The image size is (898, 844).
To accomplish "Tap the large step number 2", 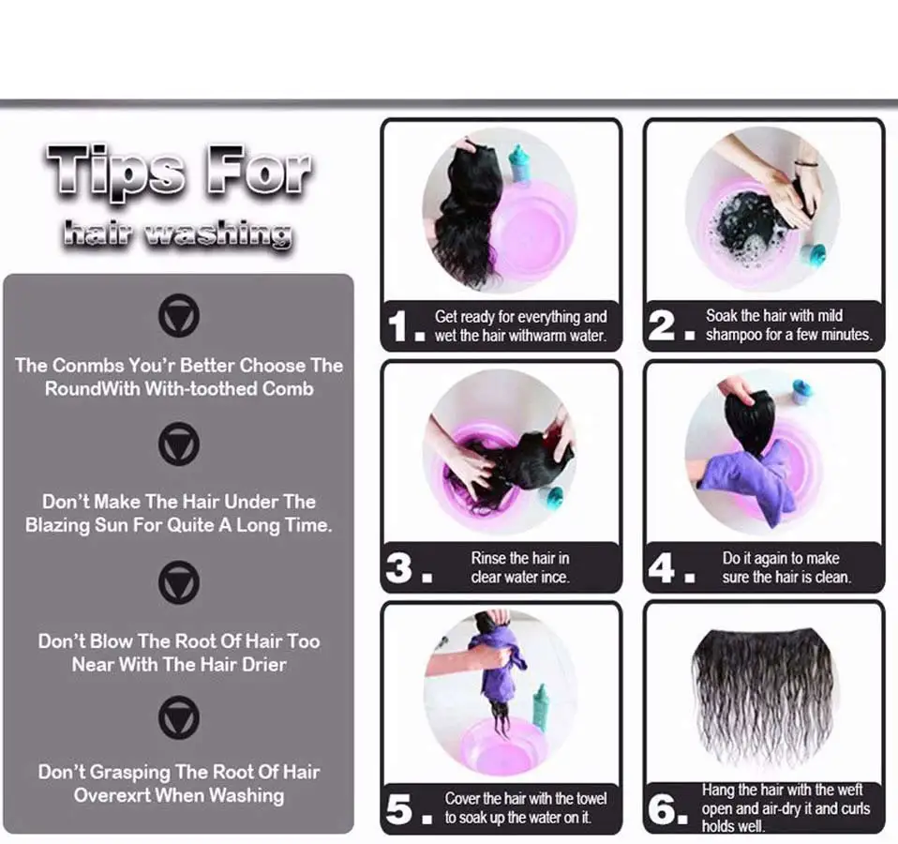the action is point(662,325).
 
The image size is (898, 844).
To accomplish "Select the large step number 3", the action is point(398,567).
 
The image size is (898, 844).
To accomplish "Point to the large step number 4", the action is point(662,567).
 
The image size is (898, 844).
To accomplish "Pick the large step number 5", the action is point(398,809).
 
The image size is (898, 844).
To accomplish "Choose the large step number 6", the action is point(662,809).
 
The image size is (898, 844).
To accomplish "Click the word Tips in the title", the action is point(116,170).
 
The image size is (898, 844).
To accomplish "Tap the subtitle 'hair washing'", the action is point(177,234).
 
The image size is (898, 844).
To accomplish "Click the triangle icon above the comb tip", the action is point(179,316).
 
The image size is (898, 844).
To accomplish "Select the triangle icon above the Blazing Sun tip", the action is point(179,445).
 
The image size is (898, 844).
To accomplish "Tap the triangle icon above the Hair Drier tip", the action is point(179,582).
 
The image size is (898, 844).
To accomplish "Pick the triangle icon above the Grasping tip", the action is point(179,717).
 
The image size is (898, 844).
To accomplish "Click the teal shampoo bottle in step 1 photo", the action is point(520,164).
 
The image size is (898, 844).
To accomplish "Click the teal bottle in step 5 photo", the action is point(540,708).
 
